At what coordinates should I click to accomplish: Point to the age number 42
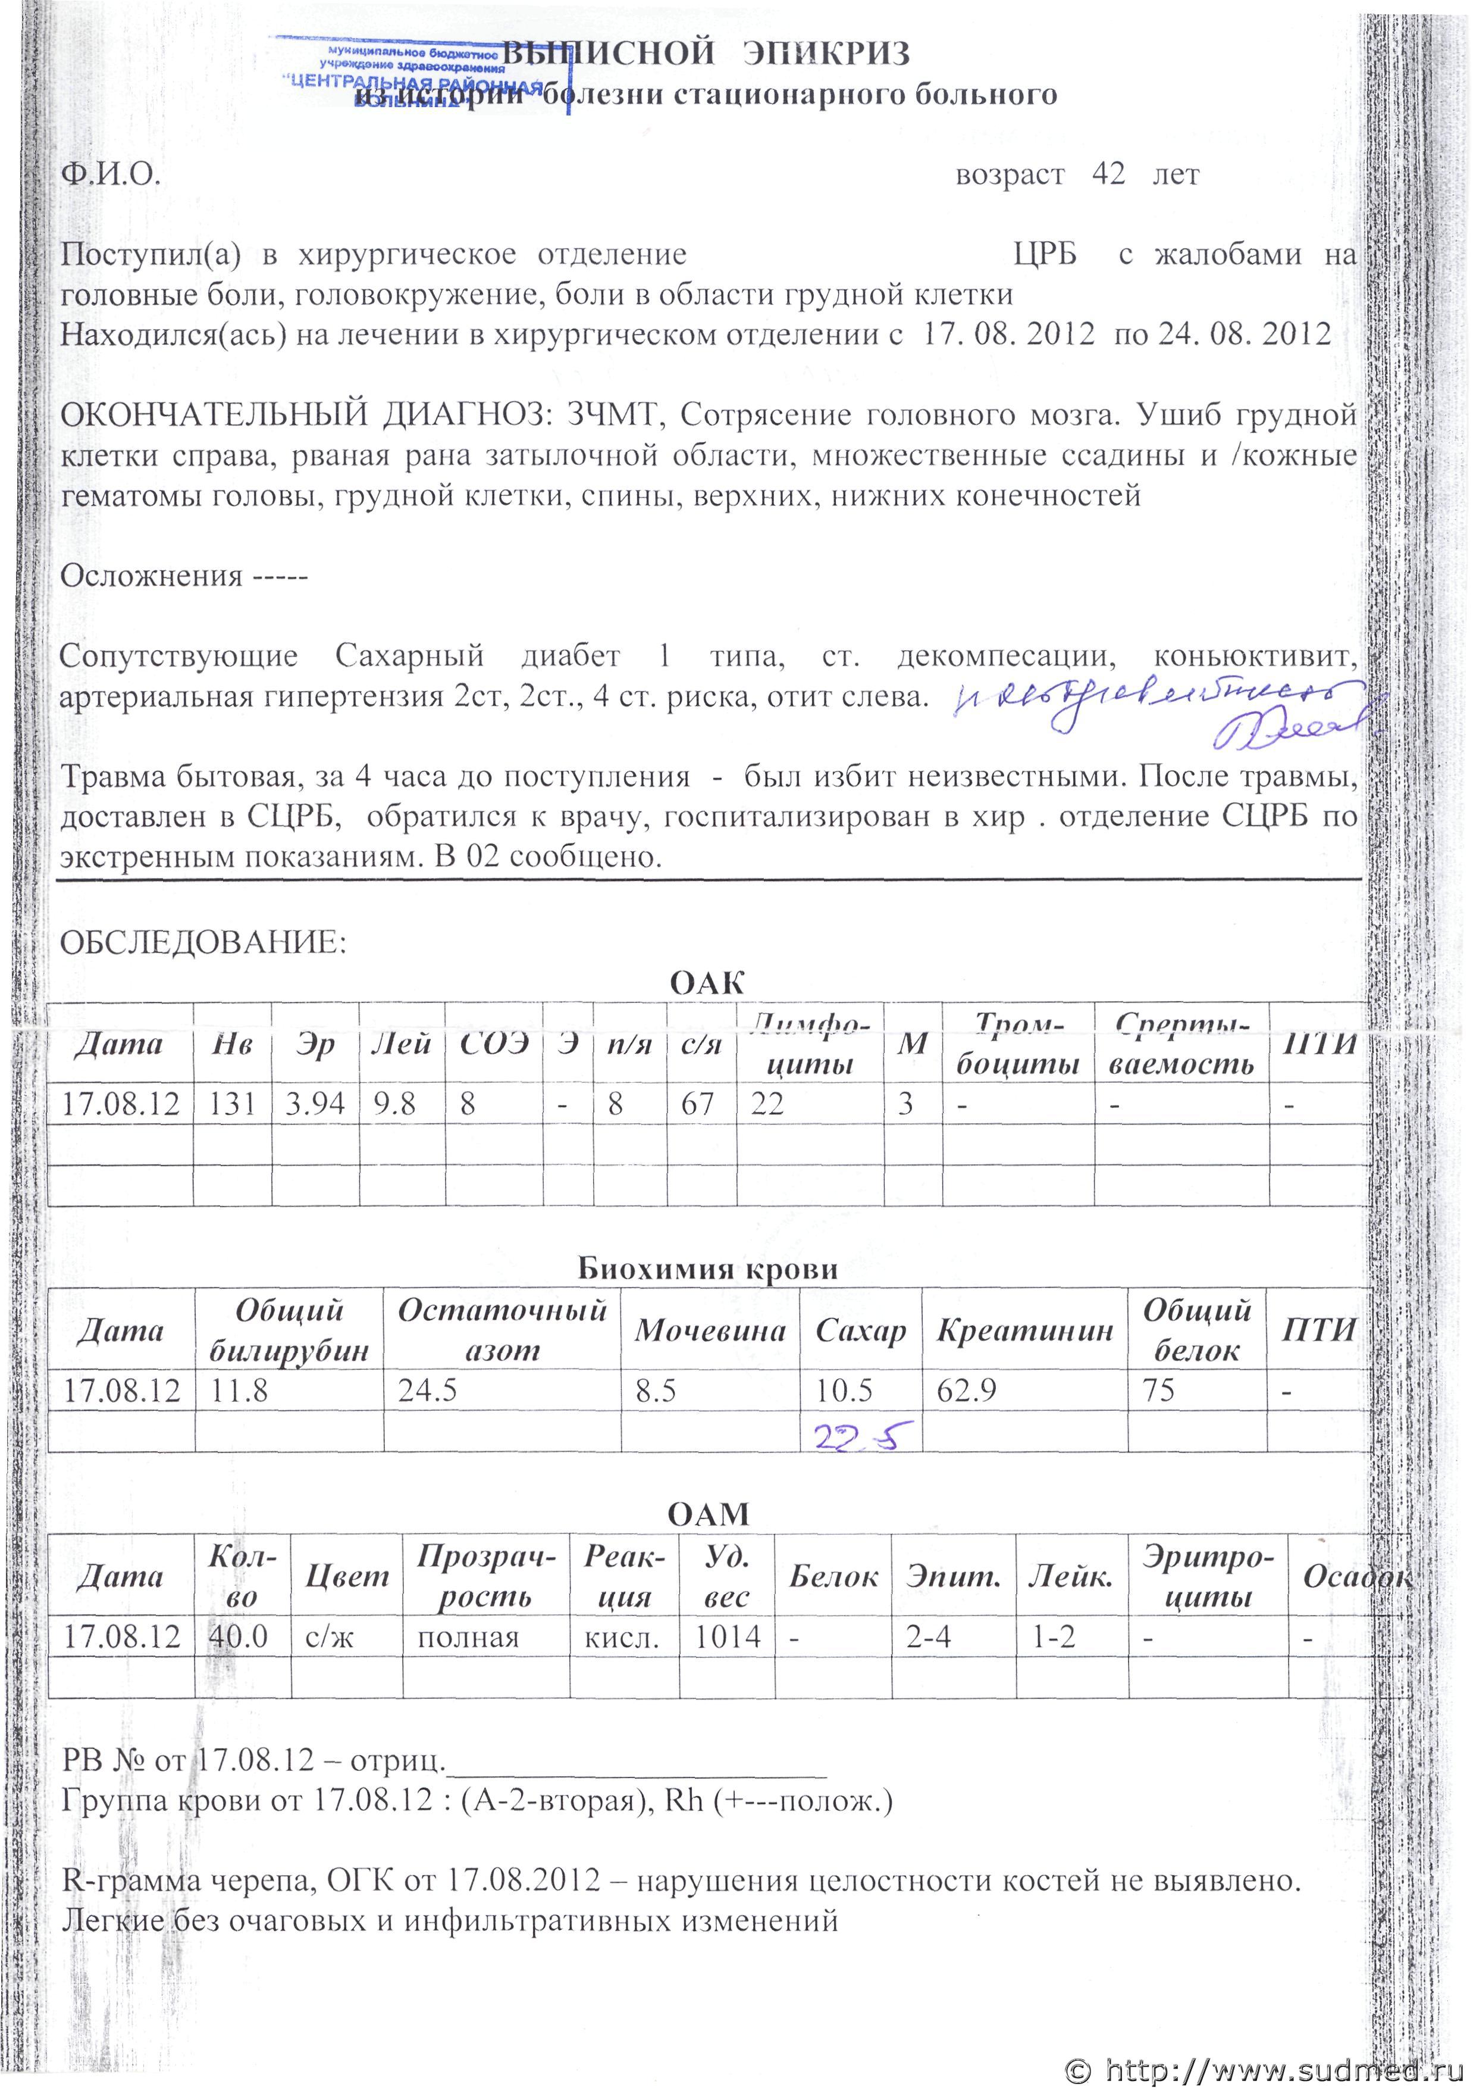coord(1108,174)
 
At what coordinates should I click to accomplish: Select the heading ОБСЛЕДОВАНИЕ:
coord(203,942)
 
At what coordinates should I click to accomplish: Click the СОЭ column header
coord(493,1043)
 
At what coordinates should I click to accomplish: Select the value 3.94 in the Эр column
coord(315,1104)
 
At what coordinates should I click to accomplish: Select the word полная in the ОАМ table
coord(468,1638)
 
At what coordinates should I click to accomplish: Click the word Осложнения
coord(151,576)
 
